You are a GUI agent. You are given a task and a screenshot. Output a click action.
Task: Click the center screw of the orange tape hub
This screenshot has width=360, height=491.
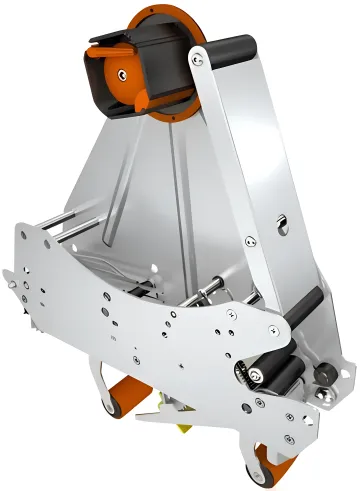click(122, 73)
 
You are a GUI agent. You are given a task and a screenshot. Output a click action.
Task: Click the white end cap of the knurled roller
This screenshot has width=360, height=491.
click(242, 376)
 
